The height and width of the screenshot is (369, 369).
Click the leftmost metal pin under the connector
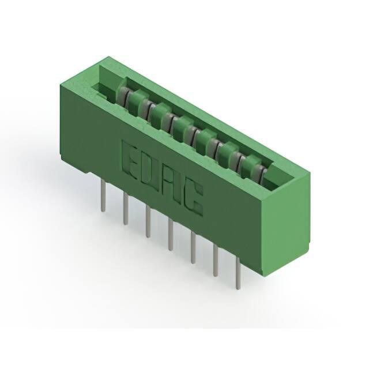click(x=103, y=195)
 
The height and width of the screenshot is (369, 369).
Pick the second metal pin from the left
click(x=126, y=209)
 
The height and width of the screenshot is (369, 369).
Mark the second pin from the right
click(x=216, y=260)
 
